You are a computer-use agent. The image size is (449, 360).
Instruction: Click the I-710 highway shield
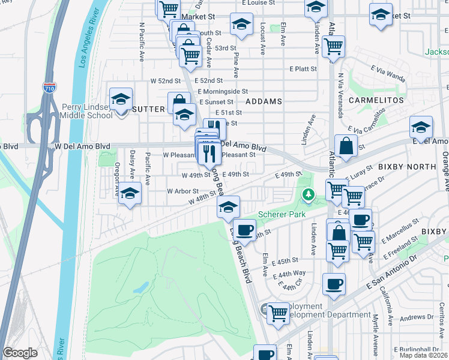pyautogui.click(x=50, y=88)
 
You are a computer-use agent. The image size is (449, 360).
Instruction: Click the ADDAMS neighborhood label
pyautogui.click(x=264, y=101)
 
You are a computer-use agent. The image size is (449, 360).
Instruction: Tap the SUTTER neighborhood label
pyautogui.click(x=147, y=109)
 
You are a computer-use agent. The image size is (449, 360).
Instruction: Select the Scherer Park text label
pyautogui.click(x=282, y=214)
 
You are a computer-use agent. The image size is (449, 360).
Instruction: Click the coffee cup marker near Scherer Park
pyautogui.click(x=244, y=230)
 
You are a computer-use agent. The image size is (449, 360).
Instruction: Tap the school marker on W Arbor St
pyautogui.click(x=130, y=194)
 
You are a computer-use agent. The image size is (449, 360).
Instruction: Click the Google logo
pyautogui.click(x=20, y=353)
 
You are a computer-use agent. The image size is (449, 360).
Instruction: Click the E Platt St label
pyautogui.click(x=303, y=69)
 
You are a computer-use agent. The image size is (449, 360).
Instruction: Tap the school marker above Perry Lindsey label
pyautogui.click(x=121, y=99)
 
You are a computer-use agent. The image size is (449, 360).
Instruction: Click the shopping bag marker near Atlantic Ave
pyautogui.click(x=346, y=146)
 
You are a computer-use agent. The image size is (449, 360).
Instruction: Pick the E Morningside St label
pyautogui.click(x=223, y=91)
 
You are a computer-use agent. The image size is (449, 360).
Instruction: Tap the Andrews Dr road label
pyautogui.click(x=413, y=317)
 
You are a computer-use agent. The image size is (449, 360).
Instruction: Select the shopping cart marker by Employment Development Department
pyautogui.click(x=278, y=313)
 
